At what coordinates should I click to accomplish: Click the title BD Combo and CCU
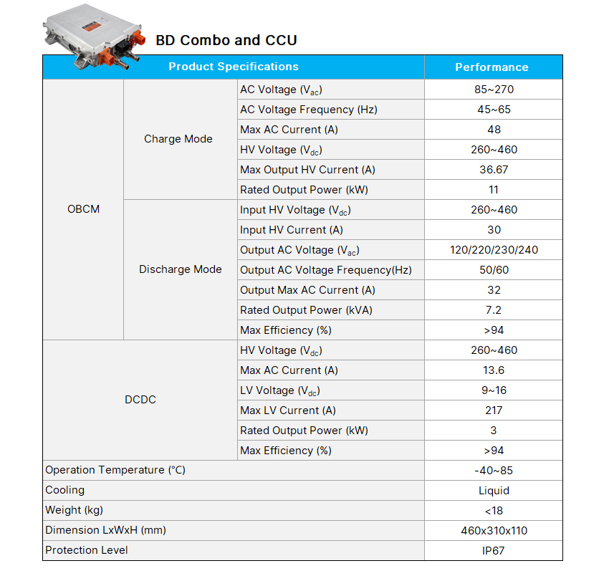pyautogui.click(x=226, y=40)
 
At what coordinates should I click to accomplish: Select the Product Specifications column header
pyautogui.click(x=234, y=67)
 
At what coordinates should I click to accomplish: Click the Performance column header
pyautogui.click(x=491, y=67)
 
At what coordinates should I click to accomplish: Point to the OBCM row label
pyautogui.click(x=83, y=209)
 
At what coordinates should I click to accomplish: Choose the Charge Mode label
pyautogui.click(x=178, y=139)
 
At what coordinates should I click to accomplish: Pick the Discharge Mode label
pyautogui.click(x=181, y=269)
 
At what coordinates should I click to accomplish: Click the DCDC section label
pyautogui.click(x=140, y=400)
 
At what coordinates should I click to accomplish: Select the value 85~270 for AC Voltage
pyautogui.click(x=494, y=90)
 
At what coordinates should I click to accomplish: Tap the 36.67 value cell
pyautogui.click(x=494, y=170)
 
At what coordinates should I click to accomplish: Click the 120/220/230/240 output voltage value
pyautogui.click(x=494, y=250)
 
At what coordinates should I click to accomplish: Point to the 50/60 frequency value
pyautogui.click(x=494, y=270)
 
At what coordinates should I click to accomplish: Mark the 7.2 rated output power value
pyautogui.click(x=494, y=310)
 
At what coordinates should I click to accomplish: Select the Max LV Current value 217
pyautogui.click(x=494, y=410)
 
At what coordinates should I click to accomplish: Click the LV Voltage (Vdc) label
pyautogui.click(x=280, y=390)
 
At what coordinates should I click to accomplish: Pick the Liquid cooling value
pyautogui.click(x=494, y=491)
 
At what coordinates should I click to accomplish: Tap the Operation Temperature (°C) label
pyautogui.click(x=115, y=470)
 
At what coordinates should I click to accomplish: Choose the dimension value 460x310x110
pyautogui.click(x=494, y=531)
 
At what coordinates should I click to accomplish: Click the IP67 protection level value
pyautogui.click(x=494, y=551)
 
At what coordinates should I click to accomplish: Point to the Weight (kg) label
pyautogui.click(x=74, y=510)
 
